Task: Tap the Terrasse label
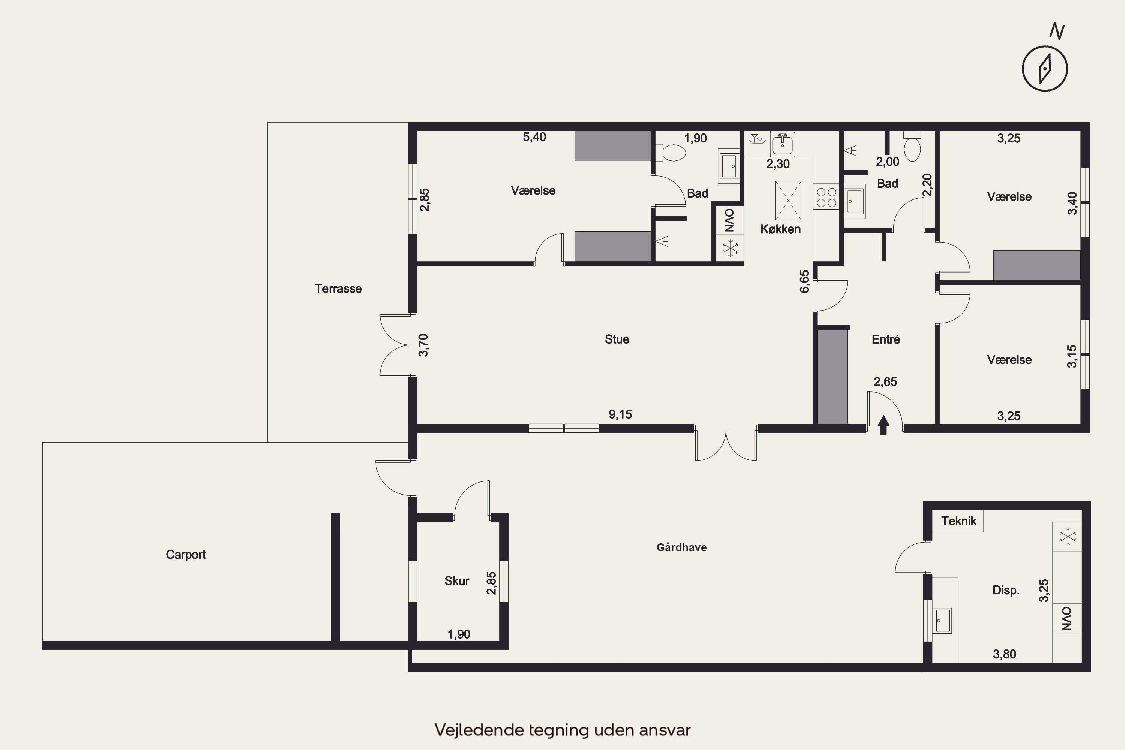point(338,288)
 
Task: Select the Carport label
point(186,554)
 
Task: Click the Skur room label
point(457,580)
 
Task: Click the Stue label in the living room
point(616,339)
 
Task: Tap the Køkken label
point(780,229)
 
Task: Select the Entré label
point(886,339)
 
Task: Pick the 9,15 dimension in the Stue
point(620,414)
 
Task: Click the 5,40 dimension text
point(534,137)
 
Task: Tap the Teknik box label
point(958,521)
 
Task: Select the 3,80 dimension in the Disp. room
point(1005,654)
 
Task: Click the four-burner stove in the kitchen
point(826,198)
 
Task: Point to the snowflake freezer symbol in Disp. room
point(1067,536)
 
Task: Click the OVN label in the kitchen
point(729,220)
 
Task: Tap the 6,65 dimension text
point(805,281)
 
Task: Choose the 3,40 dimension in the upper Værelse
point(1073,203)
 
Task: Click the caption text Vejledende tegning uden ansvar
point(562,730)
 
